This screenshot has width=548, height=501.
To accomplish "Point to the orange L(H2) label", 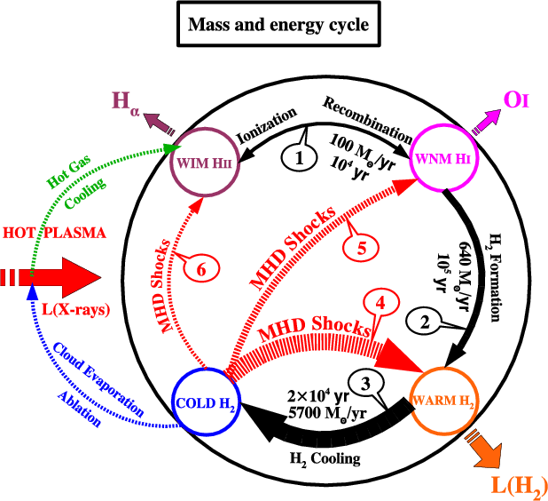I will tap(518, 484).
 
